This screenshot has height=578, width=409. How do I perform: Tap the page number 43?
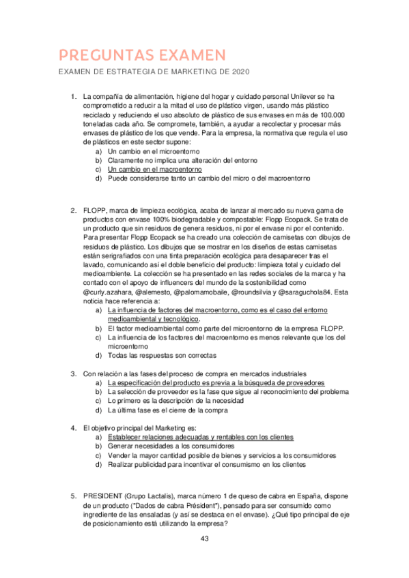(204, 538)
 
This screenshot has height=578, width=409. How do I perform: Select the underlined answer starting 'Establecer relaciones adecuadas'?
(200, 436)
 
